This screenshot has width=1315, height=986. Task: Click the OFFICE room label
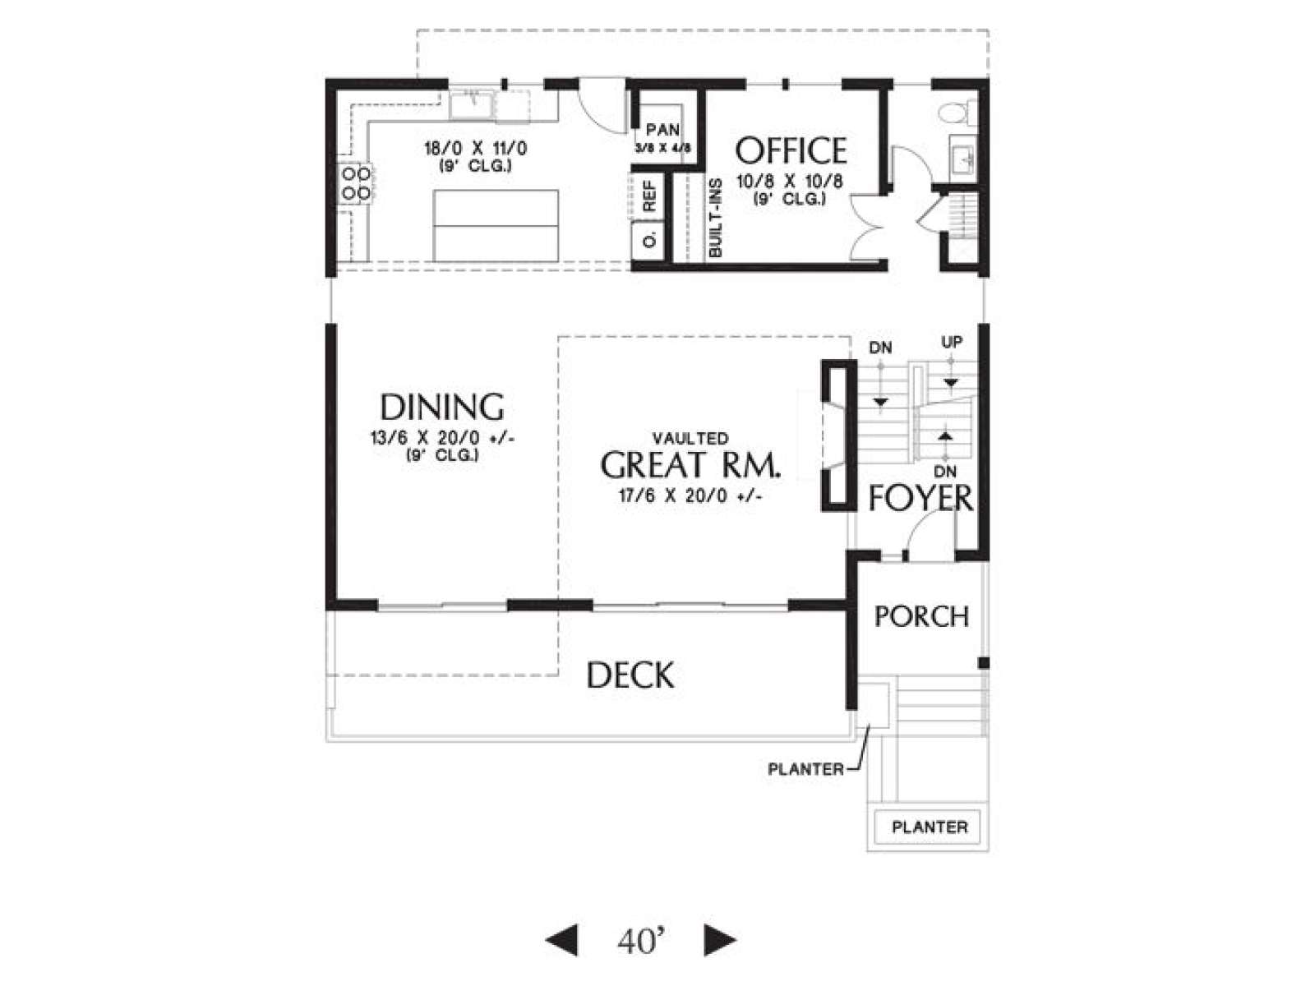[790, 151]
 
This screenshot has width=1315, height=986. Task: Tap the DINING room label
[441, 407]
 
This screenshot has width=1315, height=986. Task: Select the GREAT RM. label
[690, 465]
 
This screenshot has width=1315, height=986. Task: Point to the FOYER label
[920, 498]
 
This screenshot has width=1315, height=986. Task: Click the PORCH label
[921, 616]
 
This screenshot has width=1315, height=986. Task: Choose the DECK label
[630, 675]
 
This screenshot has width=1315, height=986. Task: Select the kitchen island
[496, 226]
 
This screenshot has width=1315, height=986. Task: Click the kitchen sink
[472, 105]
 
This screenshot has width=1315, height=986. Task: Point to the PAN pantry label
[662, 129]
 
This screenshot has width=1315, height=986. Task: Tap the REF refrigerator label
[649, 196]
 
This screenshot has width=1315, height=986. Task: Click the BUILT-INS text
[715, 218]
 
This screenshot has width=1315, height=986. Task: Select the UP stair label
[952, 342]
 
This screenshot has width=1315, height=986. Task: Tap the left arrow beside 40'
[561, 941]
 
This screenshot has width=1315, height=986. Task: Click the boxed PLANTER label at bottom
[930, 827]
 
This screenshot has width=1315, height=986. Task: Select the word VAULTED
[690, 439]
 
